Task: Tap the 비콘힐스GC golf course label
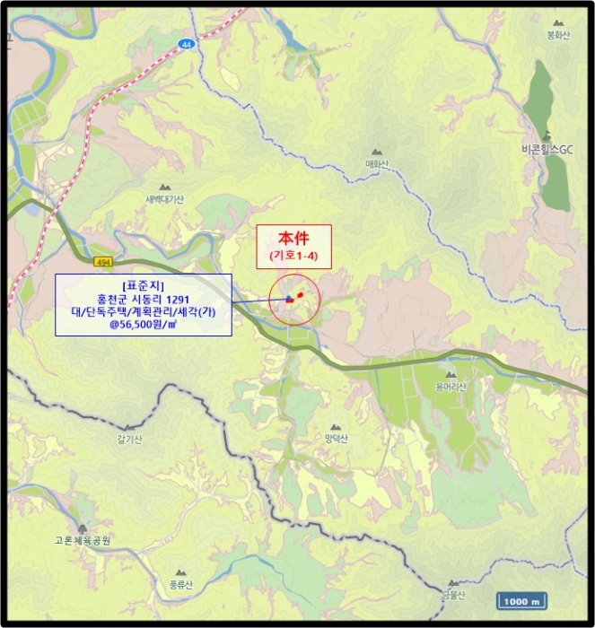point(546,149)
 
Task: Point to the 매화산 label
point(377,164)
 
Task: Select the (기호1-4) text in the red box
point(293,256)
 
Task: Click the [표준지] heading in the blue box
point(144,284)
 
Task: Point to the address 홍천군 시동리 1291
point(144,298)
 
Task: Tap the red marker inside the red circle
point(300,295)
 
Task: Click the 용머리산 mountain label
point(451,387)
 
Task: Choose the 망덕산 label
point(337,438)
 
